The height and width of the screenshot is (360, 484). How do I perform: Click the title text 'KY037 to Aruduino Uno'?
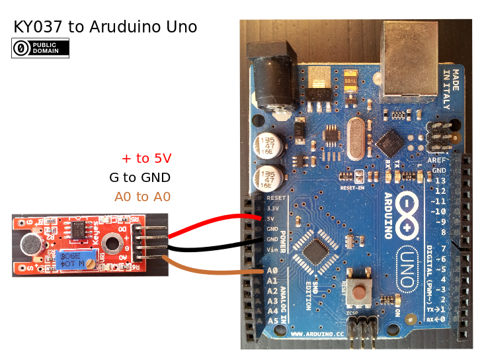(105, 27)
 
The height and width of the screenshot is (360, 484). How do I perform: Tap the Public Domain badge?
(40, 48)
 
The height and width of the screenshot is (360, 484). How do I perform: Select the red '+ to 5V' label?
(146, 158)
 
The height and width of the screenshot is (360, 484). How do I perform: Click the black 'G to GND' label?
(140, 177)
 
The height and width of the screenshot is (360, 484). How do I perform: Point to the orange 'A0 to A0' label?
(143, 197)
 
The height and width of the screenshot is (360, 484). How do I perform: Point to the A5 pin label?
(272, 321)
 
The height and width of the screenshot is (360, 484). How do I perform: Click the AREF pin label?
(437, 161)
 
